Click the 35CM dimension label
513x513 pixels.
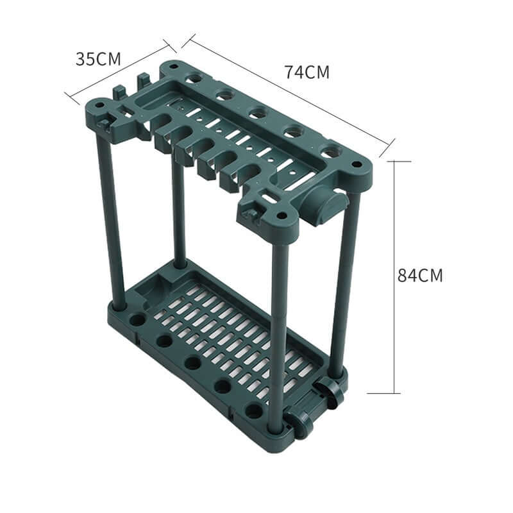[98, 59]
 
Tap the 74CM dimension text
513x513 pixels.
[307, 72]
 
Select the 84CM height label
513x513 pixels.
[420, 276]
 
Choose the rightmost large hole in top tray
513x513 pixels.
[328, 153]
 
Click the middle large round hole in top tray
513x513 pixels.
[258, 114]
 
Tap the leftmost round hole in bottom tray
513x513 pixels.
[137, 319]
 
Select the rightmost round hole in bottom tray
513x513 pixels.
[254, 410]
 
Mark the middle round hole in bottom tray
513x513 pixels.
[192, 363]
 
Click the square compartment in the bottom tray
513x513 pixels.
[153, 292]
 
